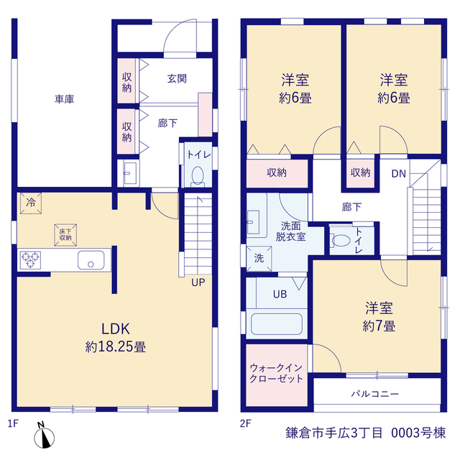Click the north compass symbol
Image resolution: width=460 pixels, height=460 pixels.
point(44,436)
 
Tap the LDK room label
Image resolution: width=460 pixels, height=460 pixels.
point(116,329)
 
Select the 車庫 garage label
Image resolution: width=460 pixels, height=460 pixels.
point(64,99)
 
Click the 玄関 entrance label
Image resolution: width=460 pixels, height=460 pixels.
point(177,78)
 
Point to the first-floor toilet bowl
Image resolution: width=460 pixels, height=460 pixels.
point(198,176)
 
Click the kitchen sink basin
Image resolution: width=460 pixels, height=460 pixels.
point(91,260)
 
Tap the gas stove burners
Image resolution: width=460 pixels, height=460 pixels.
point(30,260)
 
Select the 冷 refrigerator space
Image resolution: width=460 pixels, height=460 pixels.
point(31,203)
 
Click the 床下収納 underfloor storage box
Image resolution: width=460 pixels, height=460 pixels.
point(65,235)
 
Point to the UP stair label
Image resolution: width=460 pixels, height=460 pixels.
point(198,282)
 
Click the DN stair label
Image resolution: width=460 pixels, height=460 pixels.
point(399,174)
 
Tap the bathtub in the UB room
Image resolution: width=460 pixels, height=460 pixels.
point(277,324)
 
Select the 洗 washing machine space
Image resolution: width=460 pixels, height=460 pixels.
point(259,259)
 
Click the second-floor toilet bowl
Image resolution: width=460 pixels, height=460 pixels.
point(341,241)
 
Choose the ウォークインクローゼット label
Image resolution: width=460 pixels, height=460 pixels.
point(276,373)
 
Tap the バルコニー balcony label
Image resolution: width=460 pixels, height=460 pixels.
point(375,393)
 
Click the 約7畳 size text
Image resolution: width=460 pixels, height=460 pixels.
point(379,326)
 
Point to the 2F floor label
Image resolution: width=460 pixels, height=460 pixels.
point(246,423)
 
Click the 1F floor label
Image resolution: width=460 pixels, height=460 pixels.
point(13,423)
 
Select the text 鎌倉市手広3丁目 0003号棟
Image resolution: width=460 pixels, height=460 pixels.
point(366,433)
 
